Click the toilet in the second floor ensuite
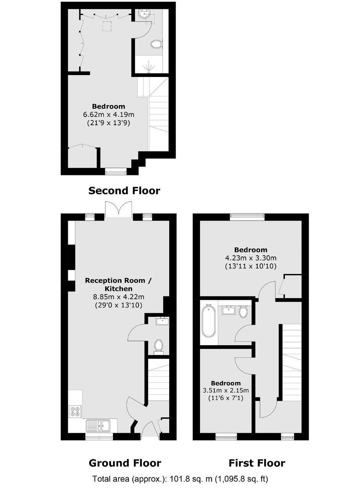coord(157,44)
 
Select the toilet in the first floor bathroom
coord(243,312)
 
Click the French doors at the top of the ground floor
coord(119,209)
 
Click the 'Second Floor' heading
coord(124,191)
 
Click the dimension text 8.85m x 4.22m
coord(119,297)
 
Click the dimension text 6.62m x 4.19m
coord(109,114)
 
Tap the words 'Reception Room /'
coord(118,280)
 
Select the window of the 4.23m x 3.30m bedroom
coord(247,217)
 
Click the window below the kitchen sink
coord(99,436)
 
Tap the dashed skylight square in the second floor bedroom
coord(107,26)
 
